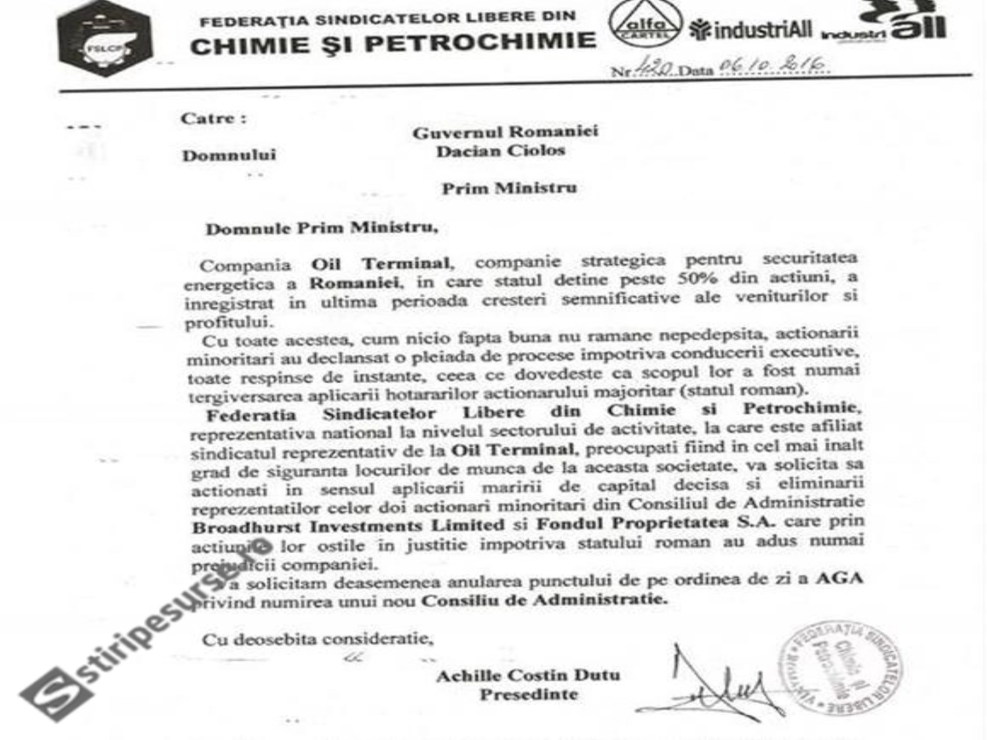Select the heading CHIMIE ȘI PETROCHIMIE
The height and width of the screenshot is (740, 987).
tap(393, 44)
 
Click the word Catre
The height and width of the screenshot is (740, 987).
tap(213, 118)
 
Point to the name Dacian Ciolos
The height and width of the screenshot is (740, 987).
tap(500, 151)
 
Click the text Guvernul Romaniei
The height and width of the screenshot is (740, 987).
tap(505, 132)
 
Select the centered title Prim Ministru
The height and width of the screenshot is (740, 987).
tap(509, 188)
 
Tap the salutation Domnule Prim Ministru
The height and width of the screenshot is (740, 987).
tap(321, 228)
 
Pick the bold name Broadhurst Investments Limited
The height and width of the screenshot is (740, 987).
tap(348, 527)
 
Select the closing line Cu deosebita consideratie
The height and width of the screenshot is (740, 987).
tap(317, 639)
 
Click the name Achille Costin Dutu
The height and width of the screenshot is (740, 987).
tap(527, 675)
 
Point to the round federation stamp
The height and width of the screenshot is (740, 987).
tap(840, 667)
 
